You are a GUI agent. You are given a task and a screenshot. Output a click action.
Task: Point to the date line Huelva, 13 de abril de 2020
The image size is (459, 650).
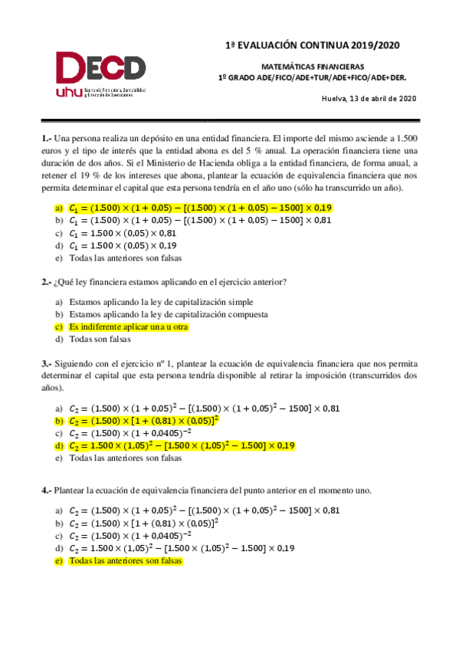coord(369,99)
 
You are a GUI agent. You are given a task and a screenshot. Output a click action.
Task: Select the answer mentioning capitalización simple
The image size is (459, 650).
coord(161,302)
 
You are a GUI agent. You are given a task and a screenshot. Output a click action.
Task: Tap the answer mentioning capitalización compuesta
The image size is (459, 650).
coord(168,314)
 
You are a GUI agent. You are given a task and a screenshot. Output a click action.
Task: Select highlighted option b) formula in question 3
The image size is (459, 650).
coord(143,421)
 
